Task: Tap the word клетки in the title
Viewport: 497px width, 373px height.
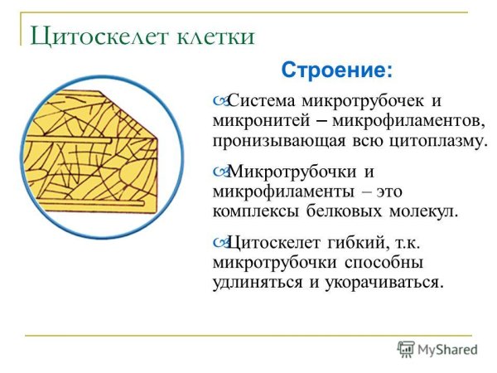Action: (210, 36)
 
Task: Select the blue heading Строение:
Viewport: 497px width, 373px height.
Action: (337, 68)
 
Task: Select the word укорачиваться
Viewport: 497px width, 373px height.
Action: (385, 282)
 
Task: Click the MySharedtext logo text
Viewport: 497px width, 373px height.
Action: (444, 349)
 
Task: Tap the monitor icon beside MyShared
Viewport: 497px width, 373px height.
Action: (405, 349)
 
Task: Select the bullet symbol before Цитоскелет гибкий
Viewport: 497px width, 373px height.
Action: (219, 244)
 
